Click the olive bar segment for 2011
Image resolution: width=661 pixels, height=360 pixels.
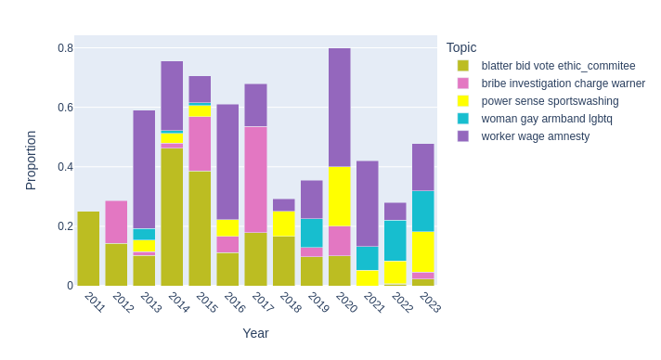(x=88, y=249)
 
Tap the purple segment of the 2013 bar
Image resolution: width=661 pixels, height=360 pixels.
(x=144, y=169)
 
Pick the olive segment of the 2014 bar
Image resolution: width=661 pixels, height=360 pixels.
(x=172, y=217)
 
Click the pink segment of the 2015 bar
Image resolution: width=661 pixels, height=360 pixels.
(x=200, y=144)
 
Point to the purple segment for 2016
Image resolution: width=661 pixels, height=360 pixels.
(x=227, y=161)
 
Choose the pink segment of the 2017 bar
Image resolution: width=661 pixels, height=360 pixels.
(x=255, y=179)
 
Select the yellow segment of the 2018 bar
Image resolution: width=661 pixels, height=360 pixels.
(x=283, y=224)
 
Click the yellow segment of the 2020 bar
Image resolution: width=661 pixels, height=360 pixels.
(x=339, y=196)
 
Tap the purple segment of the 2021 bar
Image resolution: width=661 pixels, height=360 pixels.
(x=367, y=203)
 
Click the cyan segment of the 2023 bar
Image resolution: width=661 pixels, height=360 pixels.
(x=422, y=211)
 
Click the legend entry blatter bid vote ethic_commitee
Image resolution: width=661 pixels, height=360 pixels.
(x=558, y=66)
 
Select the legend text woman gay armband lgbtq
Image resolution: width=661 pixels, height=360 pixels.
(x=547, y=119)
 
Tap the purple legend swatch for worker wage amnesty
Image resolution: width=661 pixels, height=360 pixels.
(x=463, y=136)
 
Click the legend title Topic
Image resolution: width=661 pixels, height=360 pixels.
(x=461, y=47)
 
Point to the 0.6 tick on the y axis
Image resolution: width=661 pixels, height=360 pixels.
(x=65, y=108)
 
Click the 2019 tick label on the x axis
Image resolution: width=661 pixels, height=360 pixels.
(x=318, y=302)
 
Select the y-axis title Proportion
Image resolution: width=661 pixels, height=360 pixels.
(x=31, y=161)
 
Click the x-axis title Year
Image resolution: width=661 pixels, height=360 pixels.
(x=255, y=333)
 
